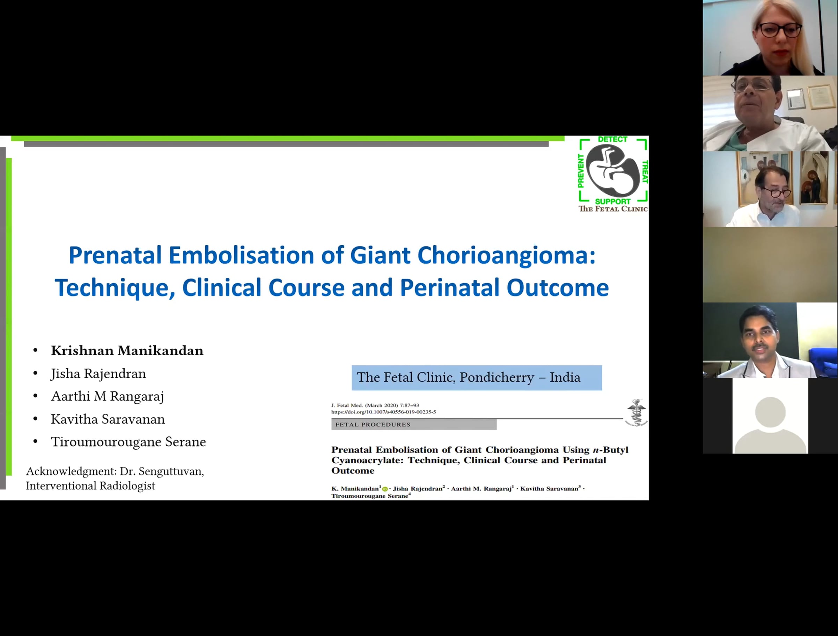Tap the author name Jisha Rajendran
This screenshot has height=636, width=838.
tap(98, 374)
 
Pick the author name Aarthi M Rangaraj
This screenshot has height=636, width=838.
tap(108, 396)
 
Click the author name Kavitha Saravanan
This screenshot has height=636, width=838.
tap(108, 419)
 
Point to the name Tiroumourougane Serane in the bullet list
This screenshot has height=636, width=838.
tap(128, 442)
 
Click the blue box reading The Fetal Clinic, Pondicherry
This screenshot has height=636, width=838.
tap(477, 377)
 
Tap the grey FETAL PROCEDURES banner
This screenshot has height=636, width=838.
tap(414, 424)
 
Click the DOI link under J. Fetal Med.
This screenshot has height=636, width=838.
tap(383, 412)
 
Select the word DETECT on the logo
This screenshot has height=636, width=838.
tap(612, 139)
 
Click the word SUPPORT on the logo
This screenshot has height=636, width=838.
tap(612, 201)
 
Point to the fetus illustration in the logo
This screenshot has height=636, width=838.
tap(612, 170)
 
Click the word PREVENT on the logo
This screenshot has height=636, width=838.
tap(581, 171)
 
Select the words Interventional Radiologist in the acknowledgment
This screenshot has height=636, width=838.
tap(90, 486)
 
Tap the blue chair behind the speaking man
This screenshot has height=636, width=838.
tap(823, 361)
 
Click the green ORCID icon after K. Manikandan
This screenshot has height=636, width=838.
tap(385, 489)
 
